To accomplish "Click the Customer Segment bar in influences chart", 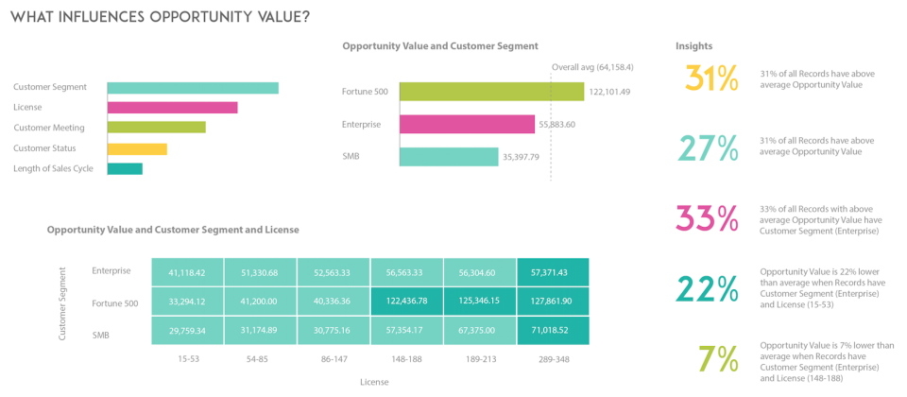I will tap(193, 88).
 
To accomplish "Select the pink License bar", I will tap(172, 108).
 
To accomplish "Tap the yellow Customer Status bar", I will tap(137, 148).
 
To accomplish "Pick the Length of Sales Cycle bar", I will tap(125, 169).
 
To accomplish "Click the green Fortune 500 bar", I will tap(491, 92).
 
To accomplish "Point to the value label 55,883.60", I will tap(557, 124).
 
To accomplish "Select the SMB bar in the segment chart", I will tap(448, 157).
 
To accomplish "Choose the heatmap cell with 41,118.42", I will tap(187, 271).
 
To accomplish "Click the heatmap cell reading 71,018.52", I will tap(553, 331).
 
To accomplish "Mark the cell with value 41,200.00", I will tap(261, 302).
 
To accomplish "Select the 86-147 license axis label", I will tap(334, 360).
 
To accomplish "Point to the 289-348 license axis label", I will tap(553, 360).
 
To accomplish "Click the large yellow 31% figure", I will tap(710, 79).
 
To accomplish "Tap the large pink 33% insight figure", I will tap(707, 218).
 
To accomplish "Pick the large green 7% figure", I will tap(718, 359).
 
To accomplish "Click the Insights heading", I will tap(693, 45).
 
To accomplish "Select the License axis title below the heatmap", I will tap(373, 382).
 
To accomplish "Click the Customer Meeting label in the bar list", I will tap(49, 128).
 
